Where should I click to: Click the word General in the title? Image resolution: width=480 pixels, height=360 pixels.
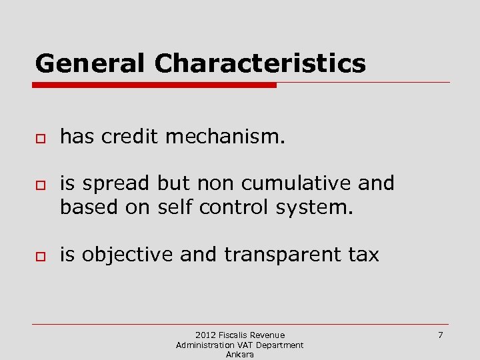click(x=89, y=63)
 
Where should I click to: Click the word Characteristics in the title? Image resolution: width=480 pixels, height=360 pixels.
click(x=260, y=63)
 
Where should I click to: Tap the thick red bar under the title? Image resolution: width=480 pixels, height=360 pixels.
click(x=155, y=85)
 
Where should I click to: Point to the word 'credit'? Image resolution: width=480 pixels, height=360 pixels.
click(x=129, y=137)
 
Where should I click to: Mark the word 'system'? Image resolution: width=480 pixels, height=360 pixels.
click(x=313, y=208)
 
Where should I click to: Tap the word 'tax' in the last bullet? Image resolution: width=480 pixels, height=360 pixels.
click(x=367, y=255)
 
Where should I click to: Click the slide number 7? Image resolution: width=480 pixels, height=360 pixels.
click(x=440, y=335)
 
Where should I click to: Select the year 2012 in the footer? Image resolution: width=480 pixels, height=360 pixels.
click(x=206, y=335)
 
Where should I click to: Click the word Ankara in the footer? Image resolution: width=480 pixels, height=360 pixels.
click(x=240, y=355)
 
